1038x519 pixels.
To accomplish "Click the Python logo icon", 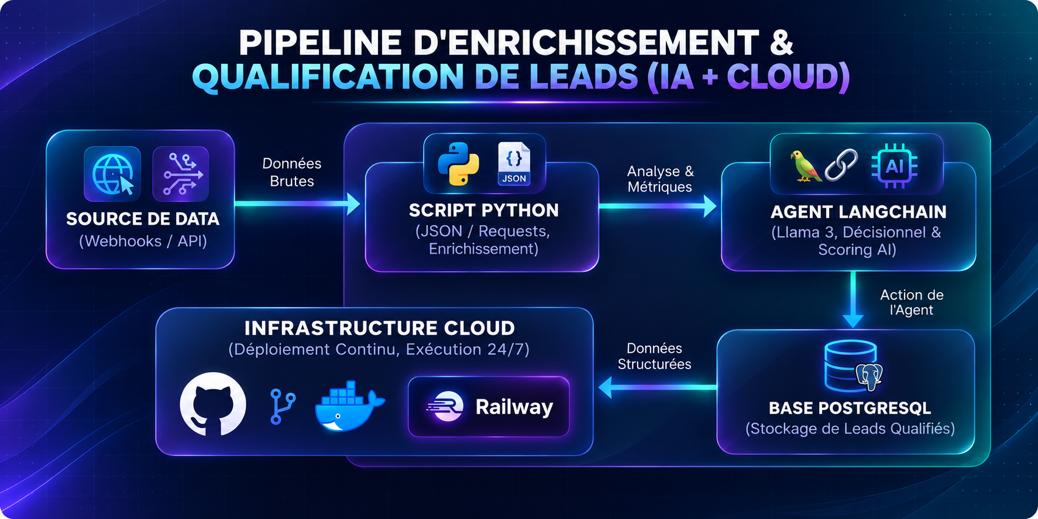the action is point(458,164).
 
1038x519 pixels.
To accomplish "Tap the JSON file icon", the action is point(514,164).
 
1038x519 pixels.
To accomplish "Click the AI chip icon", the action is point(894,166).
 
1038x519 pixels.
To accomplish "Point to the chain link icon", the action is point(841,165).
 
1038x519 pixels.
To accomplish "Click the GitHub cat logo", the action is point(213,404).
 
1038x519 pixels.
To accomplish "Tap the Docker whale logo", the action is point(349,406).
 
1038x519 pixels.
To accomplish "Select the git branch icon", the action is point(283,407).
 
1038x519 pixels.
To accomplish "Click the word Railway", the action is point(514,407).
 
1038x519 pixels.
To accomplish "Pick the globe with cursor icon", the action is point(113,174).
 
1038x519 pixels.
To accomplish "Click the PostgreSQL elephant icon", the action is point(869,377).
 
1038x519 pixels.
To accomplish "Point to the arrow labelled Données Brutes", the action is point(297,204).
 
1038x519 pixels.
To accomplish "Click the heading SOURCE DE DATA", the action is point(143,219).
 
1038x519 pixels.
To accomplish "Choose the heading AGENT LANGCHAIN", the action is point(858,212).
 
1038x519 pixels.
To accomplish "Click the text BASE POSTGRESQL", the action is point(850,408).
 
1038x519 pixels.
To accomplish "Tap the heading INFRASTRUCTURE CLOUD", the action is point(380,328).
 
